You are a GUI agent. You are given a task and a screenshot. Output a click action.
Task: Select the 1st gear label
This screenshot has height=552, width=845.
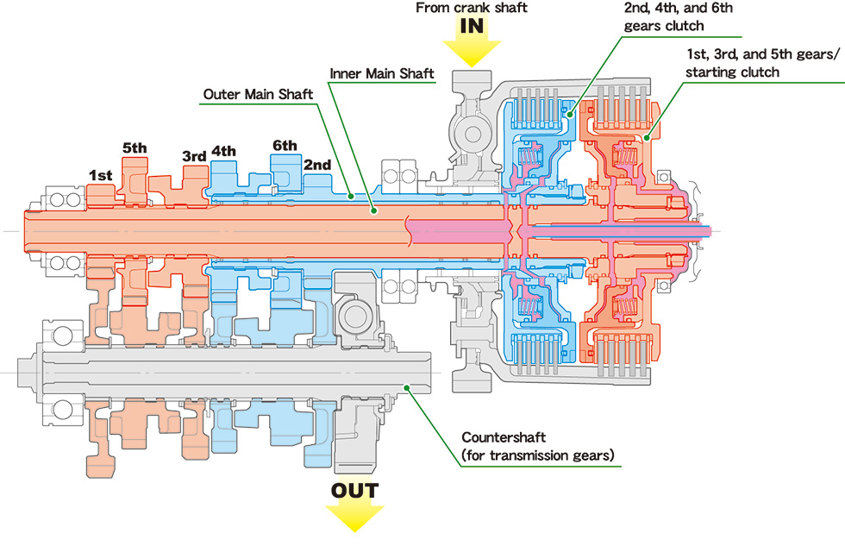pos(101,175)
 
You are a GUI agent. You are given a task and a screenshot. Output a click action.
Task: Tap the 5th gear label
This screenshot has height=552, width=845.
pos(135,147)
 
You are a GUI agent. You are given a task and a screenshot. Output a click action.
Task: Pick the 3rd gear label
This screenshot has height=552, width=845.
pos(194,156)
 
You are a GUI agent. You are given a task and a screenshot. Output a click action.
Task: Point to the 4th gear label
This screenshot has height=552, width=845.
pos(223,151)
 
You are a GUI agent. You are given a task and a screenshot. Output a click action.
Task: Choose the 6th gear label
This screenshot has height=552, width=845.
pos(285,145)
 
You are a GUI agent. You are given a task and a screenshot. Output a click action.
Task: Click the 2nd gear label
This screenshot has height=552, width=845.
pos(316,164)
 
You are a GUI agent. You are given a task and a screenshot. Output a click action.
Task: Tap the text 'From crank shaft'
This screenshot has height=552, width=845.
pos(471,8)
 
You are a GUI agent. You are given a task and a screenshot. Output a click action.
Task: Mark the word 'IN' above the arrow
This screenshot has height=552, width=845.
pos(472,26)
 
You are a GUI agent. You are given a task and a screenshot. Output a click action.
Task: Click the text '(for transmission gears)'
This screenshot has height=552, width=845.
pos(538,455)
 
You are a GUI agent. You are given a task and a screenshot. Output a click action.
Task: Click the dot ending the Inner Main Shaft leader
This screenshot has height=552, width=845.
pos(372,210)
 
